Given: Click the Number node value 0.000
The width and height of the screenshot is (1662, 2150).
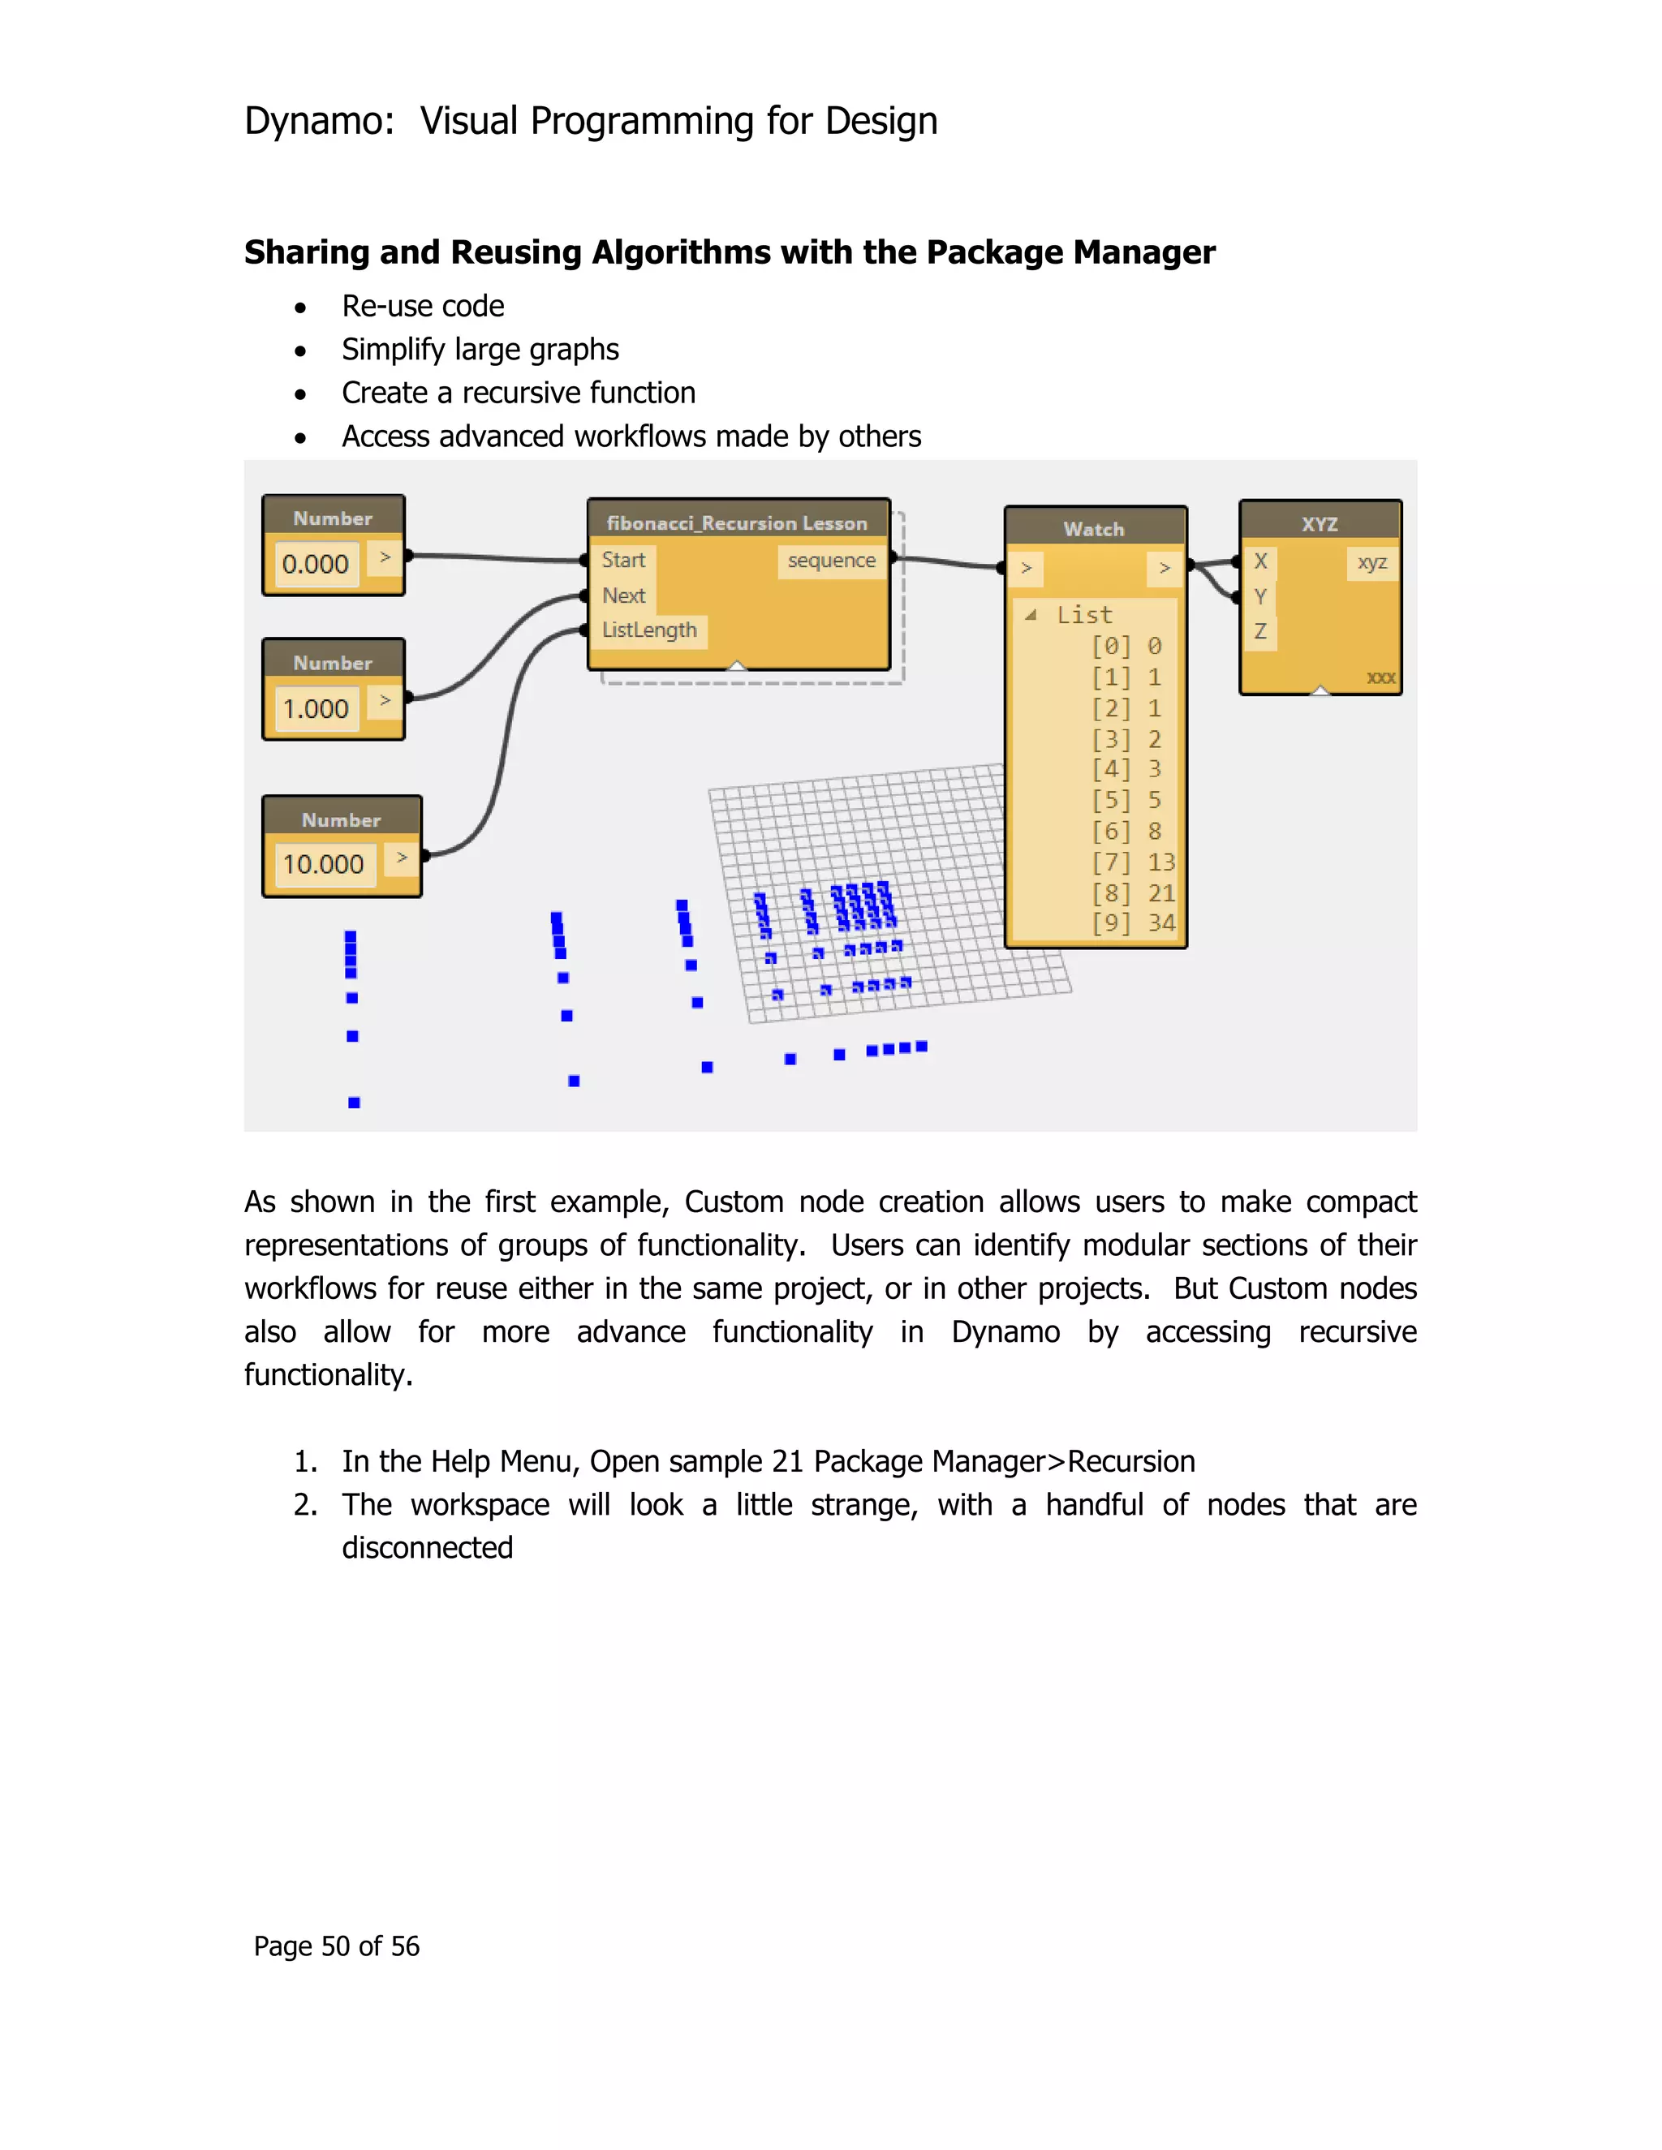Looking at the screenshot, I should tap(315, 564).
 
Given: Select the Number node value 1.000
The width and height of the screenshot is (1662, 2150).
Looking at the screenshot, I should tap(315, 709).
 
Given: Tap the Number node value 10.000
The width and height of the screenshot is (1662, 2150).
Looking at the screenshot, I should tap(323, 864).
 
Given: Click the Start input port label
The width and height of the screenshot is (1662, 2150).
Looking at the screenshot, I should tap(623, 560).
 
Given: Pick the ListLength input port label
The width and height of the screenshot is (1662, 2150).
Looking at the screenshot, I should tap(649, 630).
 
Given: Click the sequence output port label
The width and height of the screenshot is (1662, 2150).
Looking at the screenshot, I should tap(831, 560).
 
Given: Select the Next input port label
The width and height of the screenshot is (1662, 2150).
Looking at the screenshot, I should tap(623, 596).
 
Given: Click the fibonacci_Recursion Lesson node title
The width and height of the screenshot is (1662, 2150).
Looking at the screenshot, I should tap(737, 522).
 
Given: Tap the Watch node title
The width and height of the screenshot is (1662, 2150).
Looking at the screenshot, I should tap(1093, 529).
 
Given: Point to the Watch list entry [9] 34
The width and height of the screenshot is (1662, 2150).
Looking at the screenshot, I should tap(1132, 923).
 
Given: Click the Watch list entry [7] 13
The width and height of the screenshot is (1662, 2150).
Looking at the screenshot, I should tap(1132, 862).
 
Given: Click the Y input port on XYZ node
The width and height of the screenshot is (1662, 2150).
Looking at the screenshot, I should tap(1259, 596).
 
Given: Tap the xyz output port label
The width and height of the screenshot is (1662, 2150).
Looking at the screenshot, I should tap(1371, 562).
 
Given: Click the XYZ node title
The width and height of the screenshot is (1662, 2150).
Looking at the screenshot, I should tap(1320, 524).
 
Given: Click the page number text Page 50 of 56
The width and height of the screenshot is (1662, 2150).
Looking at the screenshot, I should tap(336, 1946).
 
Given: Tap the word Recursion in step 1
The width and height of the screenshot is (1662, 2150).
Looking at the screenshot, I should tap(1130, 1461).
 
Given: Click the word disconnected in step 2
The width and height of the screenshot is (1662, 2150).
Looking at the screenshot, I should tap(428, 1547).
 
